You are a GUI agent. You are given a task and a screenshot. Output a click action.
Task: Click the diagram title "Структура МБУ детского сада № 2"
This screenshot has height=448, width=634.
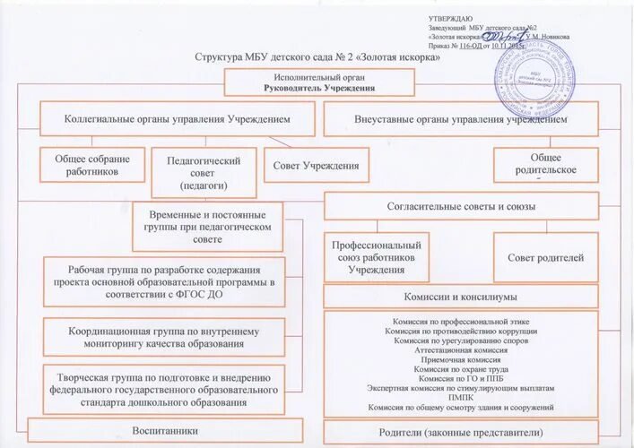pyautogui.click(x=318, y=57)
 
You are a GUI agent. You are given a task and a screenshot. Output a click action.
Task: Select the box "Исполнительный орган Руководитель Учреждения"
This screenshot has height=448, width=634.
pyautogui.click(x=319, y=82)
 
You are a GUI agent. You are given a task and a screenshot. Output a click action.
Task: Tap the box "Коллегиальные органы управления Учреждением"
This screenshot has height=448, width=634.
pyautogui.click(x=177, y=118)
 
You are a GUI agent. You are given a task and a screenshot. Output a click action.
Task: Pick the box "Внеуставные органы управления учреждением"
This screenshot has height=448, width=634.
pyautogui.click(x=460, y=118)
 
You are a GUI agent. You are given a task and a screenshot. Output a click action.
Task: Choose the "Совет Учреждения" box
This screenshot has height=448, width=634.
pyautogui.click(x=317, y=165)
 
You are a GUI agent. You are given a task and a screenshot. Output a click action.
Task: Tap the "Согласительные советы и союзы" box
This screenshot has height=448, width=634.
pyautogui.click(x=461, y=207)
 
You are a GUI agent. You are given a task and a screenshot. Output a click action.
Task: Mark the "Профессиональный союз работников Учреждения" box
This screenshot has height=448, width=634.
pyautogui.click(x=376, y=257)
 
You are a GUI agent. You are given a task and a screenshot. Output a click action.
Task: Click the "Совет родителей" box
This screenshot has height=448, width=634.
pyautogui.click(x=545, y=257)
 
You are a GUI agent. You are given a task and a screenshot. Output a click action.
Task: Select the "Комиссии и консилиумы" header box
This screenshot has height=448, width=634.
pyautogui.click(x=461, y=296)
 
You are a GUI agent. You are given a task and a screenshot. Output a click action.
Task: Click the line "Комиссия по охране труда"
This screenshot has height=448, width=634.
pyautogui.click(x=461, y=369)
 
